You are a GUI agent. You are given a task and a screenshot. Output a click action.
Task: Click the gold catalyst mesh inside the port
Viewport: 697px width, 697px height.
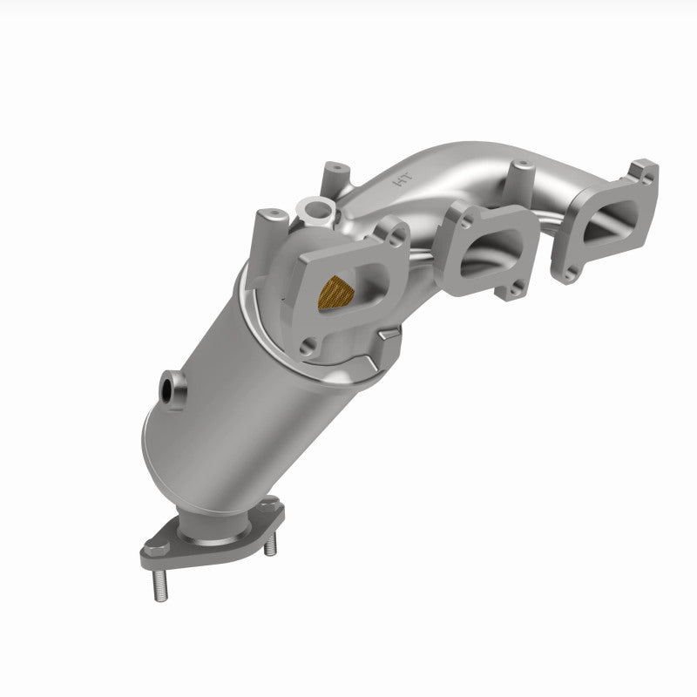338,289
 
